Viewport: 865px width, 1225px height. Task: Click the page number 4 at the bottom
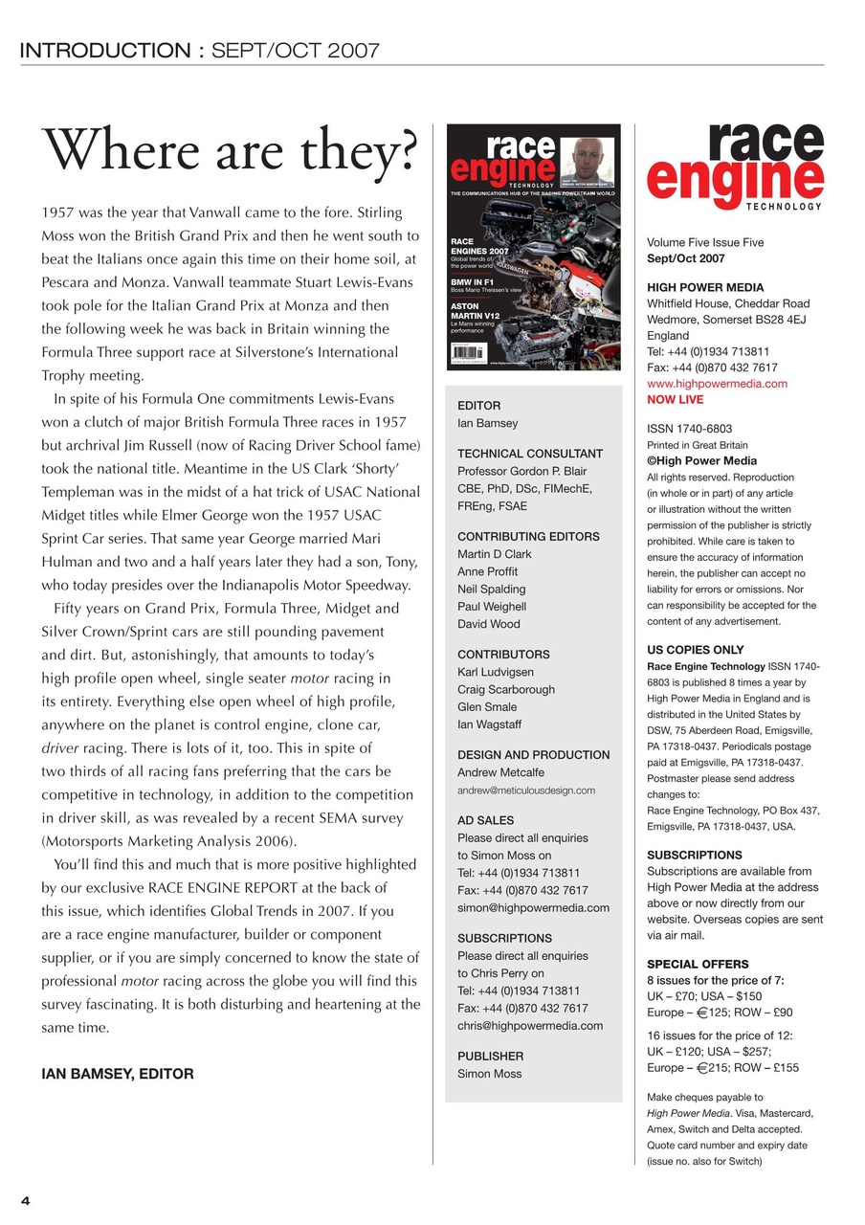(x=26, y=1202)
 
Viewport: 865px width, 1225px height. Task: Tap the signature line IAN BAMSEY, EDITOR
(x=117, y=1074)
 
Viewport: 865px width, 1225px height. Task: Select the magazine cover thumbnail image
(x=533, y=247)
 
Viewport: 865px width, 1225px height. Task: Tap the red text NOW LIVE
(x=675, y=399)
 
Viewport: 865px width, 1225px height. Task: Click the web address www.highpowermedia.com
(x=717, y=384)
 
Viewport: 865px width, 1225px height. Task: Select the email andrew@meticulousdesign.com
(x=526, y=791)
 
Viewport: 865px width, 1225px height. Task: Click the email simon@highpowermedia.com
(x=533, y=907)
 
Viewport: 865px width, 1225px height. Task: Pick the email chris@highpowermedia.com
(x=530, y=1025)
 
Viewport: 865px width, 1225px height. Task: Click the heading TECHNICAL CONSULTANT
(x=530, y=454)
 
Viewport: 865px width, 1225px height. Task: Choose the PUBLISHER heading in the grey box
(x=490, y=1056)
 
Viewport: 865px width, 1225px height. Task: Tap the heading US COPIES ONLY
(x=695, y=650)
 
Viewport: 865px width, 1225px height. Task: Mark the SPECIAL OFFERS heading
(x=698, y=964)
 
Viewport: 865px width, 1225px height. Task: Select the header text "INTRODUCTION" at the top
(x=106, y=51)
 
